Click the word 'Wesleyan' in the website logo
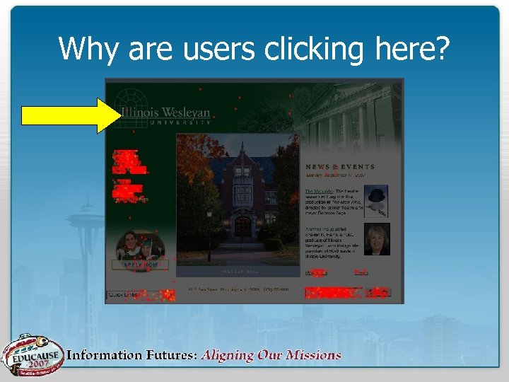[x=186, y=112]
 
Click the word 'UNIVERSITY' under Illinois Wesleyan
[x=180, y=122]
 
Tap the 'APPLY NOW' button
[x=141, y=265]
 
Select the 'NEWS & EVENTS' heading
[x=340, y=167]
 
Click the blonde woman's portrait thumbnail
[x=376, y=240]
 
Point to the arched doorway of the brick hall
[x=242, y=226]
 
